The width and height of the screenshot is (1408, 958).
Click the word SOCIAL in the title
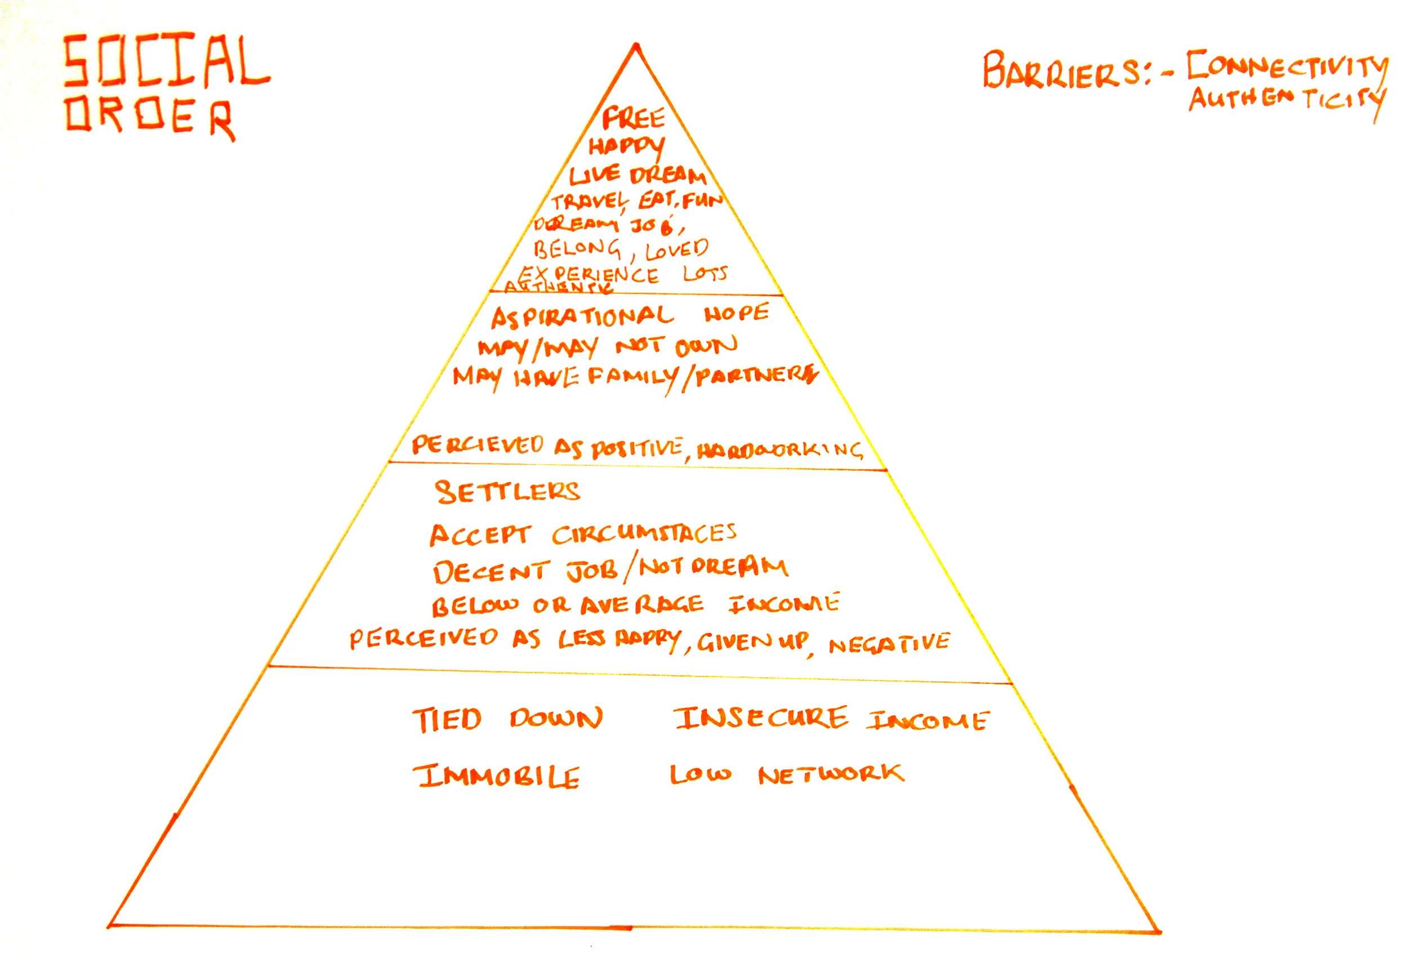tap(167, 61)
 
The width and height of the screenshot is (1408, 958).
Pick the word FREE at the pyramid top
tap(633, 118)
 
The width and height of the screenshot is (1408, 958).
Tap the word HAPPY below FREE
tap(626, 146)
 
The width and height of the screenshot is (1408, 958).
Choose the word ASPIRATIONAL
tap(582, 317)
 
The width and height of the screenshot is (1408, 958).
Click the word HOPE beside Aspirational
tap(736, 313)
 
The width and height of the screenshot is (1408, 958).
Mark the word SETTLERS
tap(507, 492)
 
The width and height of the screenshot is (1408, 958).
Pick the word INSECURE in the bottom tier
tap(761, 718)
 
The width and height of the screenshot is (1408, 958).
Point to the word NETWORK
tap(831, 774)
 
